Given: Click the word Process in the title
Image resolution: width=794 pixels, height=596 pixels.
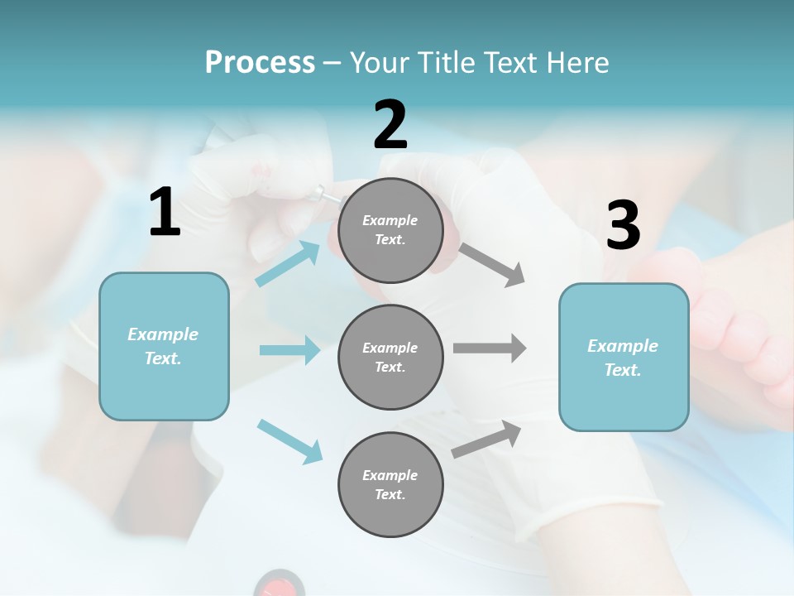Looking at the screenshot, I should click(260, 63).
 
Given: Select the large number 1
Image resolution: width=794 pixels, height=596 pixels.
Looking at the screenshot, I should click(165, 213).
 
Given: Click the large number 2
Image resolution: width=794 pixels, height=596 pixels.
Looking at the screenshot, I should click(390, 125).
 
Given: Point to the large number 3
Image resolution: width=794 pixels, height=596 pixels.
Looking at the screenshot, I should click(623, 226).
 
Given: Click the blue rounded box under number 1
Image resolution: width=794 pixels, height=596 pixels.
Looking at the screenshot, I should click(164, 346).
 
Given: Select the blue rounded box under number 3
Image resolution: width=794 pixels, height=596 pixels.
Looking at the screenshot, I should click(624, 358).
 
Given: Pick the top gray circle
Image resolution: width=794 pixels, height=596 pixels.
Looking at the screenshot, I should click(390, 230).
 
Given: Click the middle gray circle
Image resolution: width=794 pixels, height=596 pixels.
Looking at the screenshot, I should click(390, 358).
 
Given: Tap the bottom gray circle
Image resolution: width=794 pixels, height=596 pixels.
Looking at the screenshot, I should click(390, 485).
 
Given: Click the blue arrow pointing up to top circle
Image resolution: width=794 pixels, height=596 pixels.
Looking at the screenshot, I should click(288, 264).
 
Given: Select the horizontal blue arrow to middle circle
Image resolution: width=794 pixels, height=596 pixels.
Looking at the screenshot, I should click(289, 350).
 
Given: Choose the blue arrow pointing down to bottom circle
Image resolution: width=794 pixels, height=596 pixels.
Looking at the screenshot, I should click(289, 441).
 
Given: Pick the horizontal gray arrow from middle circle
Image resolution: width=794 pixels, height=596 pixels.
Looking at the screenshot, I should click(490, 348).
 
